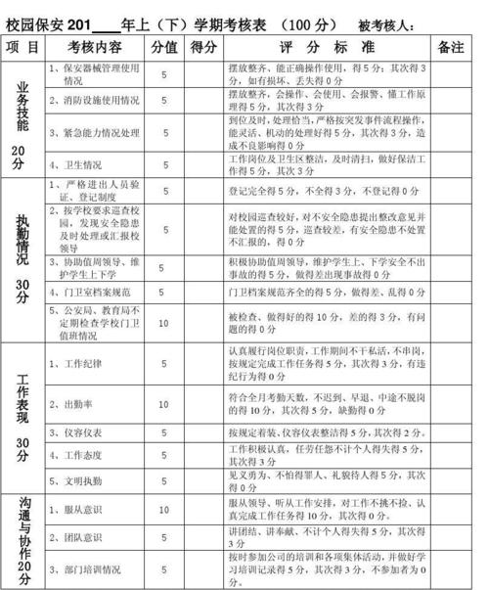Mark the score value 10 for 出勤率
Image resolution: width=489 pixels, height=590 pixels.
coord(164,403)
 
